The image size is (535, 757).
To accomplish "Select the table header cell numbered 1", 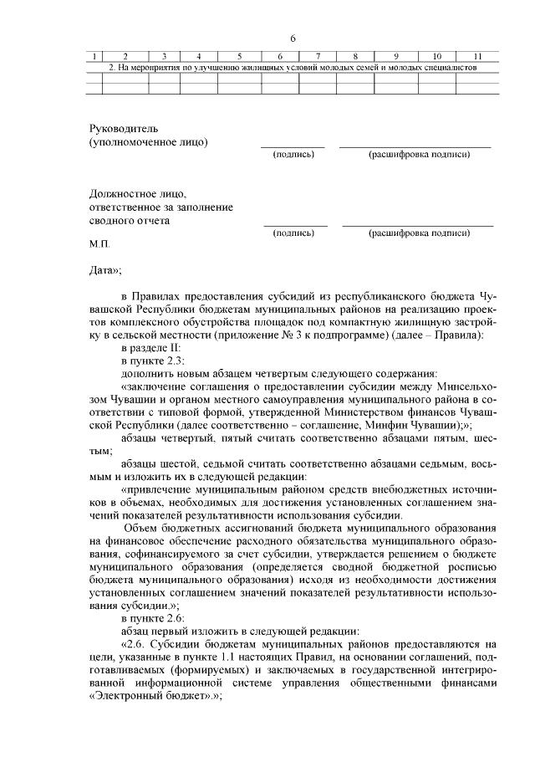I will click(95, 56).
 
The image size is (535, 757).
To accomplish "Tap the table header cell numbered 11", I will click(477, 56).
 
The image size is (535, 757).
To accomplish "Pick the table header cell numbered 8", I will click(355, 56).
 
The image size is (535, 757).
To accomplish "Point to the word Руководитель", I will click(123, 128).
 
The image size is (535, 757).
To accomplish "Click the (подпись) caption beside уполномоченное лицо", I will click(293, 155).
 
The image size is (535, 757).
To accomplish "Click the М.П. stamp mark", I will click(99, 248).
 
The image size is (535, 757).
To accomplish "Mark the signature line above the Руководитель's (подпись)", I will click(293, 146).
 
